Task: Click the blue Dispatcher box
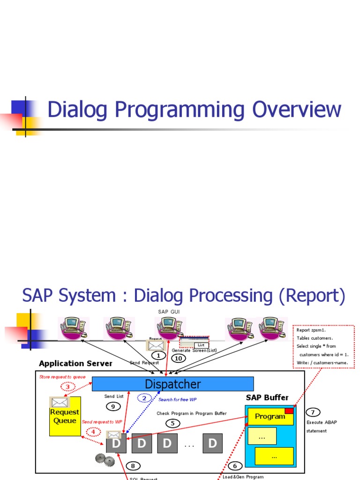point(172,384)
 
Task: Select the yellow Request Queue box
point(65,416)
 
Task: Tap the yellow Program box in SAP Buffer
point(270,416)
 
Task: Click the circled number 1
point(158,356)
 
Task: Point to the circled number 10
point(178,359)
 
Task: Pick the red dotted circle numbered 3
point(67,387)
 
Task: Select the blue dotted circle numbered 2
point(144,398)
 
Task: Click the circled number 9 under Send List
point(112,406)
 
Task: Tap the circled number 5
point(172,423)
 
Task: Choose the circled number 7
point(313,412)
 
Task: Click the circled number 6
point(235,465)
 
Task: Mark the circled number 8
point(133,465)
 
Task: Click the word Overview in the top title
point(297,110)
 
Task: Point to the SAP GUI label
point(169,312)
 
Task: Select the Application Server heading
point(75,363)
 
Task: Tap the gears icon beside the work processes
point(105,460)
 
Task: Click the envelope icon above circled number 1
point(156,345)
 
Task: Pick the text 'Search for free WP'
point(177,399)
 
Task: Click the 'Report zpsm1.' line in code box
point(312,330)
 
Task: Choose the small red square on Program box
point(289,411)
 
